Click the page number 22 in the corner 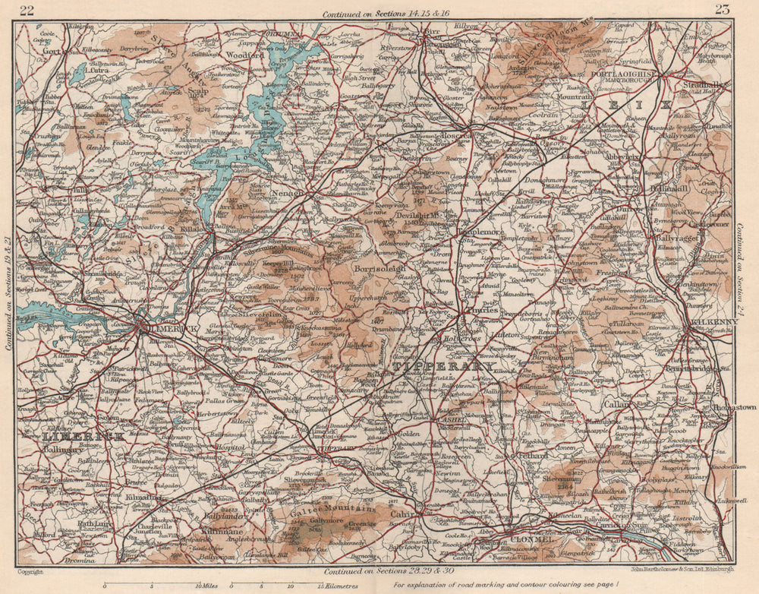(27, 10)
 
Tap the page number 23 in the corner (722, 9)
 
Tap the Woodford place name (244, 55)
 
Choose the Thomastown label (735, 407)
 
